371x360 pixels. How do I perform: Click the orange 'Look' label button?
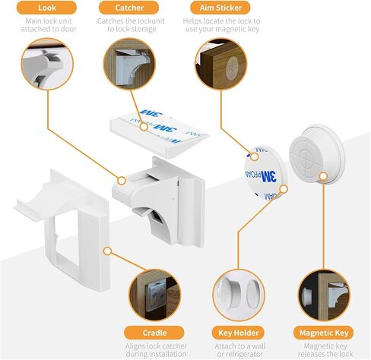(x=46, y=8)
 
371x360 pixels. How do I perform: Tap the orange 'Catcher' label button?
(x=129, y=8)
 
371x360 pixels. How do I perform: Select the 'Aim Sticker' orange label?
(x=220, y=8)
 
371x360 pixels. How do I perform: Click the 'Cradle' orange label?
(x=154, y=333)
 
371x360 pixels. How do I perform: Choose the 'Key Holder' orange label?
(x=238, y=333)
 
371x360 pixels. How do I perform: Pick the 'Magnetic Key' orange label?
(x=324, y=333)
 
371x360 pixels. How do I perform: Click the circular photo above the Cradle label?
(x=155, y=295)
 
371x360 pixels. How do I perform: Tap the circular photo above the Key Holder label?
(x=239, y=295)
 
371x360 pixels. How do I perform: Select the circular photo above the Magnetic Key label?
(x=324, y=295)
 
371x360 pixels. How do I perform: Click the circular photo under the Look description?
(x=47, y=64)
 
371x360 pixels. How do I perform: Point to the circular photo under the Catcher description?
(x=129, y=64)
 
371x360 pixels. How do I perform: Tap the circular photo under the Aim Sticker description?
(x=221, y=64)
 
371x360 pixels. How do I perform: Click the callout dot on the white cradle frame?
(x=108, y=251)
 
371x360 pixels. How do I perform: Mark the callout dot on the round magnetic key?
(x=323, y=176)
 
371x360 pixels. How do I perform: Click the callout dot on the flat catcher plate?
(x=144, y=127)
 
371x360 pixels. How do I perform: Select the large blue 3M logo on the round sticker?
(x=268, y=176)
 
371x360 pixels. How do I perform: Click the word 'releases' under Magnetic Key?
(x=312, y=354)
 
